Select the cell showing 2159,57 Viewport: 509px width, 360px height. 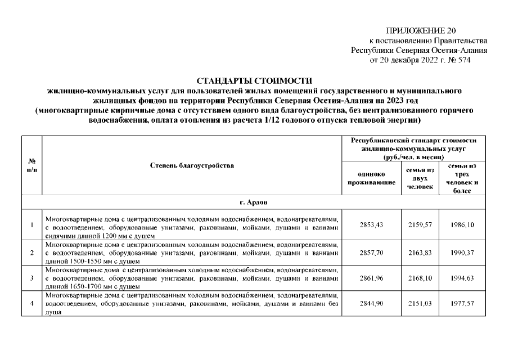point(420,224)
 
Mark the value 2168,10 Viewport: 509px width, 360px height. point(420,278)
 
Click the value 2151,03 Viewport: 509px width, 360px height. point(420,304)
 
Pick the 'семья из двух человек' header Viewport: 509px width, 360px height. point(420,178)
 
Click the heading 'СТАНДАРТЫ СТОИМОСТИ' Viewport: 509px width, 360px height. point(254,82)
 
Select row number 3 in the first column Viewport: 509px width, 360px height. point(32,278)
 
